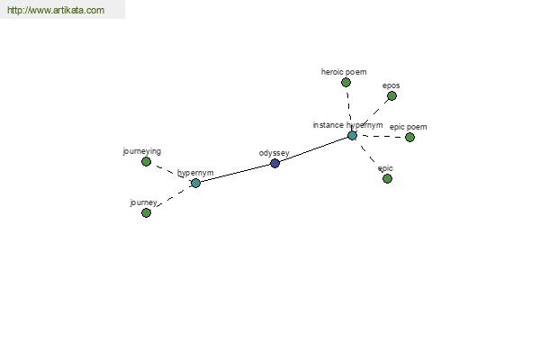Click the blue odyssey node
274,163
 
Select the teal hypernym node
195,184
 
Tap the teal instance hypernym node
352,135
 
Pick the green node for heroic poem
346,82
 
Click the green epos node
391,95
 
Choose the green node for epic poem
409,138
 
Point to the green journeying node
147,162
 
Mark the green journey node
146,213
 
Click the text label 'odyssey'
274,153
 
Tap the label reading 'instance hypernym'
347,125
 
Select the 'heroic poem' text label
344,72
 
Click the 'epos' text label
391,85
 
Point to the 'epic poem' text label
409,127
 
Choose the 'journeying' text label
142,151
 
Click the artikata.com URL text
56,10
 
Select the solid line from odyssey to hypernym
235,174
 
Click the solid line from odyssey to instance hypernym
313,149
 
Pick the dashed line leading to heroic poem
349,109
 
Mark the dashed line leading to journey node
171,198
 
